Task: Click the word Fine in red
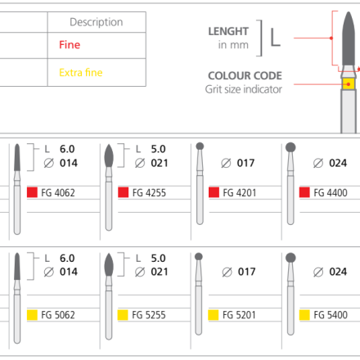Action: click(70, 45)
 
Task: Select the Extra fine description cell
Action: click(97, 73)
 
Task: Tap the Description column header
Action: click(97, 22)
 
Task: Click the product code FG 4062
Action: click(58, 193)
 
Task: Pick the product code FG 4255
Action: click(149, 193)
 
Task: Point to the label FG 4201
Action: click(240, 193)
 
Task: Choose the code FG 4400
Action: click(331, 193)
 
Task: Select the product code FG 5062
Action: click(58, 315)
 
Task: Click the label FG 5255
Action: click(149, 315)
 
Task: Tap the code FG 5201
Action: click(239, 315)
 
